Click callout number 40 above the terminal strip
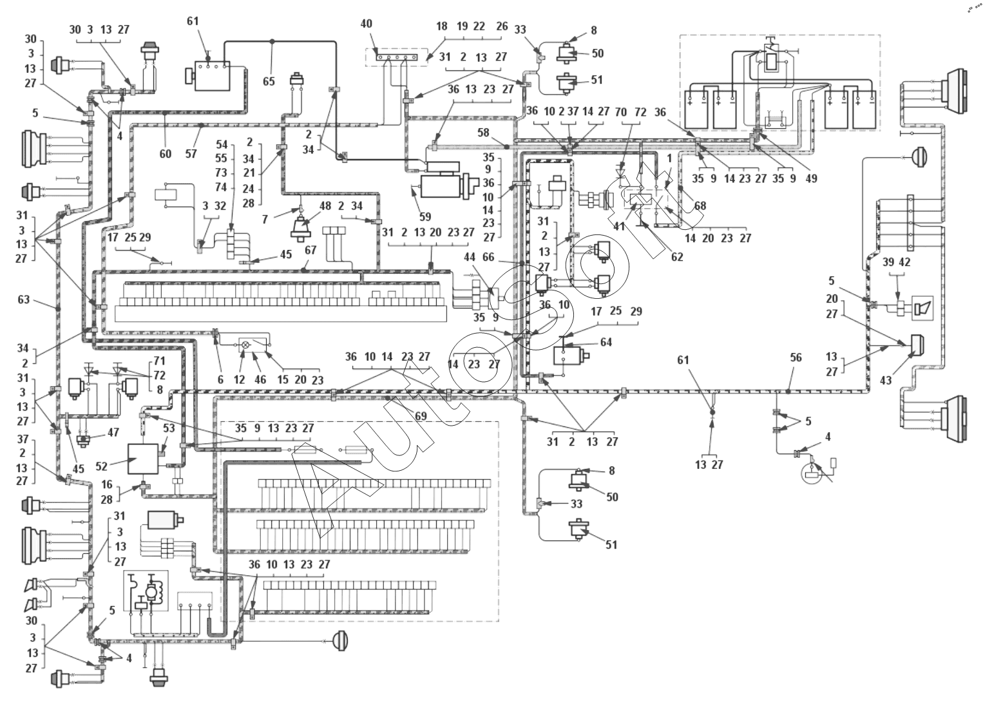click(366, 24)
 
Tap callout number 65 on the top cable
click(269, 81)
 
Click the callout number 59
click(425, 217)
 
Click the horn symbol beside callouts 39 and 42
click(922, 308)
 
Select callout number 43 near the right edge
click(886, 380)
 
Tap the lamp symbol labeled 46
click(245, 345)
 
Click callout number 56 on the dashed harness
click(796, 357)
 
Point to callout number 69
click(421, 417)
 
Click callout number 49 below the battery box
click(811, 178)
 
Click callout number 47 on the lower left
click(113, 433)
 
